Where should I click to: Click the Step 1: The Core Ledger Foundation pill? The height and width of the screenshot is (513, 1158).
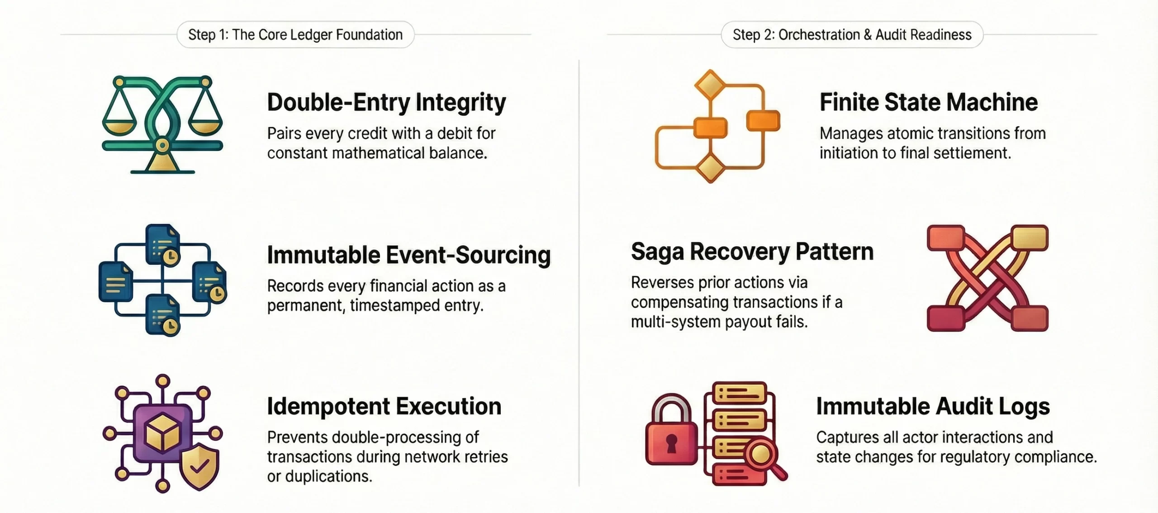click(x=295, y=34)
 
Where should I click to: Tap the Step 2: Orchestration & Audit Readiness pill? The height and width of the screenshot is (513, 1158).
click(x=852, y=34)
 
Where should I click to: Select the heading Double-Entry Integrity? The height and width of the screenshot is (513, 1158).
click(x=386, y=102)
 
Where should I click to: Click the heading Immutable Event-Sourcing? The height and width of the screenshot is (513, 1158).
click(x=409, y=255)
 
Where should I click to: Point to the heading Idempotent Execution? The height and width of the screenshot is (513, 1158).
click(x=384, y=406)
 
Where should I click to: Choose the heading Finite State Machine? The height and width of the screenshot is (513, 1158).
click(x=928, y=102)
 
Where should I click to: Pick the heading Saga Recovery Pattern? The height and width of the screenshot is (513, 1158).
click(x=752, y=252)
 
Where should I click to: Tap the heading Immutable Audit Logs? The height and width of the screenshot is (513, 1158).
click(x=933, y=406)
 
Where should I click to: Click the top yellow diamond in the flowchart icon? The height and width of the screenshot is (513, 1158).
click(x=710, y=84)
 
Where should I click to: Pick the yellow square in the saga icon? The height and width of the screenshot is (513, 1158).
click(x=1030, y=237)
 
